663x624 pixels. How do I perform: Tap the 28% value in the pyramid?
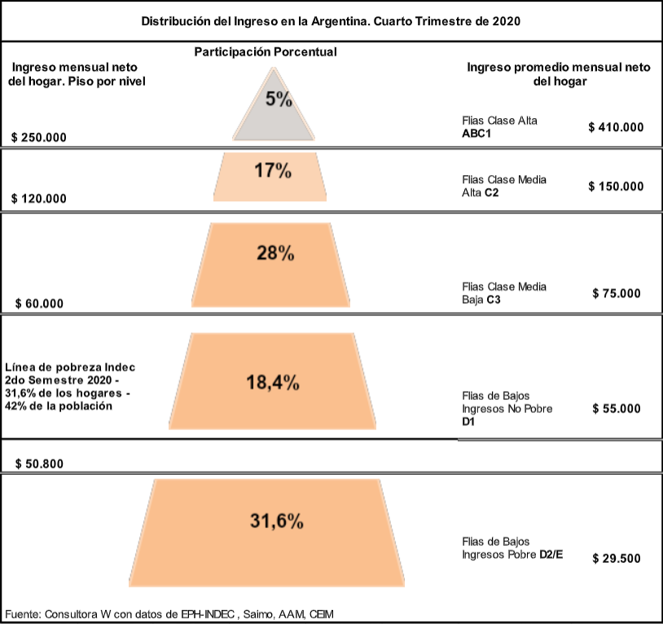point(274,253)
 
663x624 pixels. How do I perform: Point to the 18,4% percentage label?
point(273,382)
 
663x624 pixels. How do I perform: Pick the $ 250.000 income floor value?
point(39,138)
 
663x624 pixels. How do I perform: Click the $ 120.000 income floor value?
point(39,199)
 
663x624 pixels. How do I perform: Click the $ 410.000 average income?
point(616,127)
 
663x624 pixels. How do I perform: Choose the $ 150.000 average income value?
point(616,186)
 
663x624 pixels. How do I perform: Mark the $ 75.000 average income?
point(617,293)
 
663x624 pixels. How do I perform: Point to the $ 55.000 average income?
point(617,409)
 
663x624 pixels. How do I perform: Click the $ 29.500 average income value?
point(617,558)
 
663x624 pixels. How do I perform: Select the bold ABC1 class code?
point(476,134)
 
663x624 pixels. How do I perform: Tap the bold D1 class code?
point(468,423)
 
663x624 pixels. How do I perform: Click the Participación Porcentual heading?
point(266,52)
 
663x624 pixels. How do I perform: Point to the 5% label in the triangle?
point(279,100)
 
